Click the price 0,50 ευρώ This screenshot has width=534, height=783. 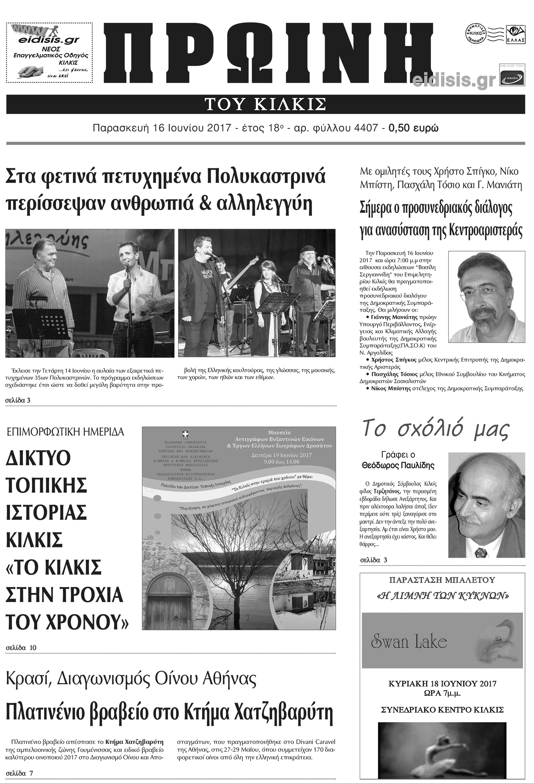tap(414, 128)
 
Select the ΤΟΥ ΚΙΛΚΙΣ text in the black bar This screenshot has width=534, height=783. tap(265, 104)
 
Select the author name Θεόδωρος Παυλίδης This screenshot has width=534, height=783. tap(398, 465)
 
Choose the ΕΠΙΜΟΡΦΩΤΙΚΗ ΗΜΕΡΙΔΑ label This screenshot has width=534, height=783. tap(65, 432)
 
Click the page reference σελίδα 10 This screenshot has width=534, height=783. tap(21, 647)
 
